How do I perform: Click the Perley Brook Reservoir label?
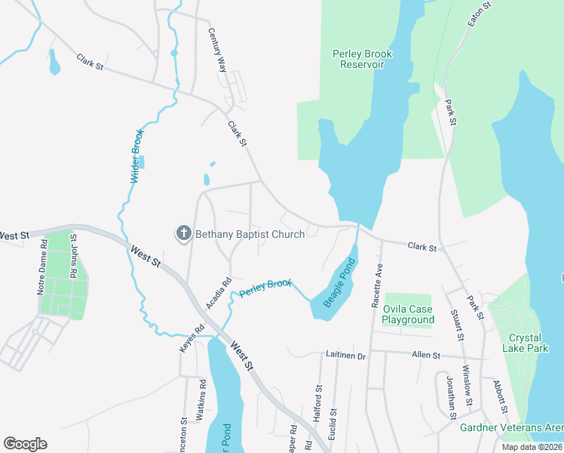[358, 59]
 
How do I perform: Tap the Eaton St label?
[479, 14]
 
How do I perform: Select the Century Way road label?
[218, 51]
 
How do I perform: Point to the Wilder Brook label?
[136, 156]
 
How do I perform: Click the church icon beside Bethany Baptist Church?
[183, 234]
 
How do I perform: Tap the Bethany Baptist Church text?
[250, 234]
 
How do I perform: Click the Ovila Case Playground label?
[408, 314]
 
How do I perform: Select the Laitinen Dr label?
[346, 354]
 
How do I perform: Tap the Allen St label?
[426, 354]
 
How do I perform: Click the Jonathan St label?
[449, 396]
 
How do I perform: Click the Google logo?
[25, 444]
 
